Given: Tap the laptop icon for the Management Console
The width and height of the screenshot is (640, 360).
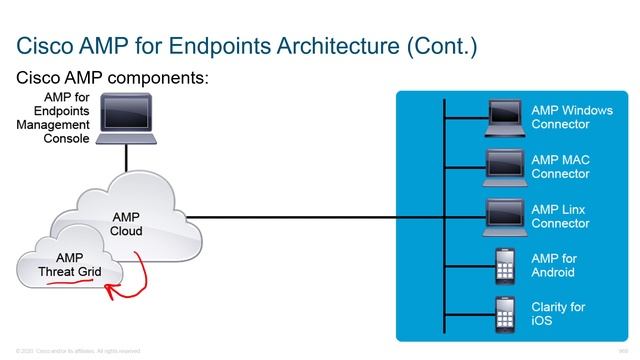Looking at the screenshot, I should point(126,117).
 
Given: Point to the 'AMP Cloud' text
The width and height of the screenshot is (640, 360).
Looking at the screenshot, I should point(126,223).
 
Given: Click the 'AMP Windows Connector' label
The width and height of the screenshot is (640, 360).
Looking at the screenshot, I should point(571,117).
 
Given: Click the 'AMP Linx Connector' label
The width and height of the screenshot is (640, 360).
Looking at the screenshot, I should point(560,216).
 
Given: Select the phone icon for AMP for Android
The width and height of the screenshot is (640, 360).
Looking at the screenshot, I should point(506,266).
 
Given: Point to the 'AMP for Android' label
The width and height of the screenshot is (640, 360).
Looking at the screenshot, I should point(554,266).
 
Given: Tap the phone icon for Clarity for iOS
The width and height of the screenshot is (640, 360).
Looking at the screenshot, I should point(506,314).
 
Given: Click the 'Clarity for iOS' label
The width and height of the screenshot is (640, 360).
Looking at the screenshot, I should point(558,314).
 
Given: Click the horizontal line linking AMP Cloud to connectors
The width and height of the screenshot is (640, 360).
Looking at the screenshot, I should point(310,216).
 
